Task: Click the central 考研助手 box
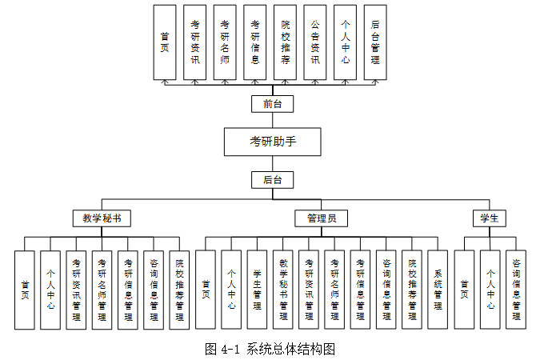(273, 142)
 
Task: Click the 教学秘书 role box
(102, 218)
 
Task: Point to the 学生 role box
(489, 218)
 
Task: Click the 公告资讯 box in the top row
(314, 42)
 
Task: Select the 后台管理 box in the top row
(374, 42)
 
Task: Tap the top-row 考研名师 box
(225, 42)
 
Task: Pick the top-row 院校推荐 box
(285, 42)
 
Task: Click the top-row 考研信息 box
(254, 42)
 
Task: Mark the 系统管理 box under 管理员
(438, 290)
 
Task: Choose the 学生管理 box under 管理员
(257, 290)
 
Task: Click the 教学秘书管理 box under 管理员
(282, 290)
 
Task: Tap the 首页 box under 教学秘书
(25, 290)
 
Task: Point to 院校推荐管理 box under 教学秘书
(179, 290)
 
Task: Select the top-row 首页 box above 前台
(165, 42)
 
